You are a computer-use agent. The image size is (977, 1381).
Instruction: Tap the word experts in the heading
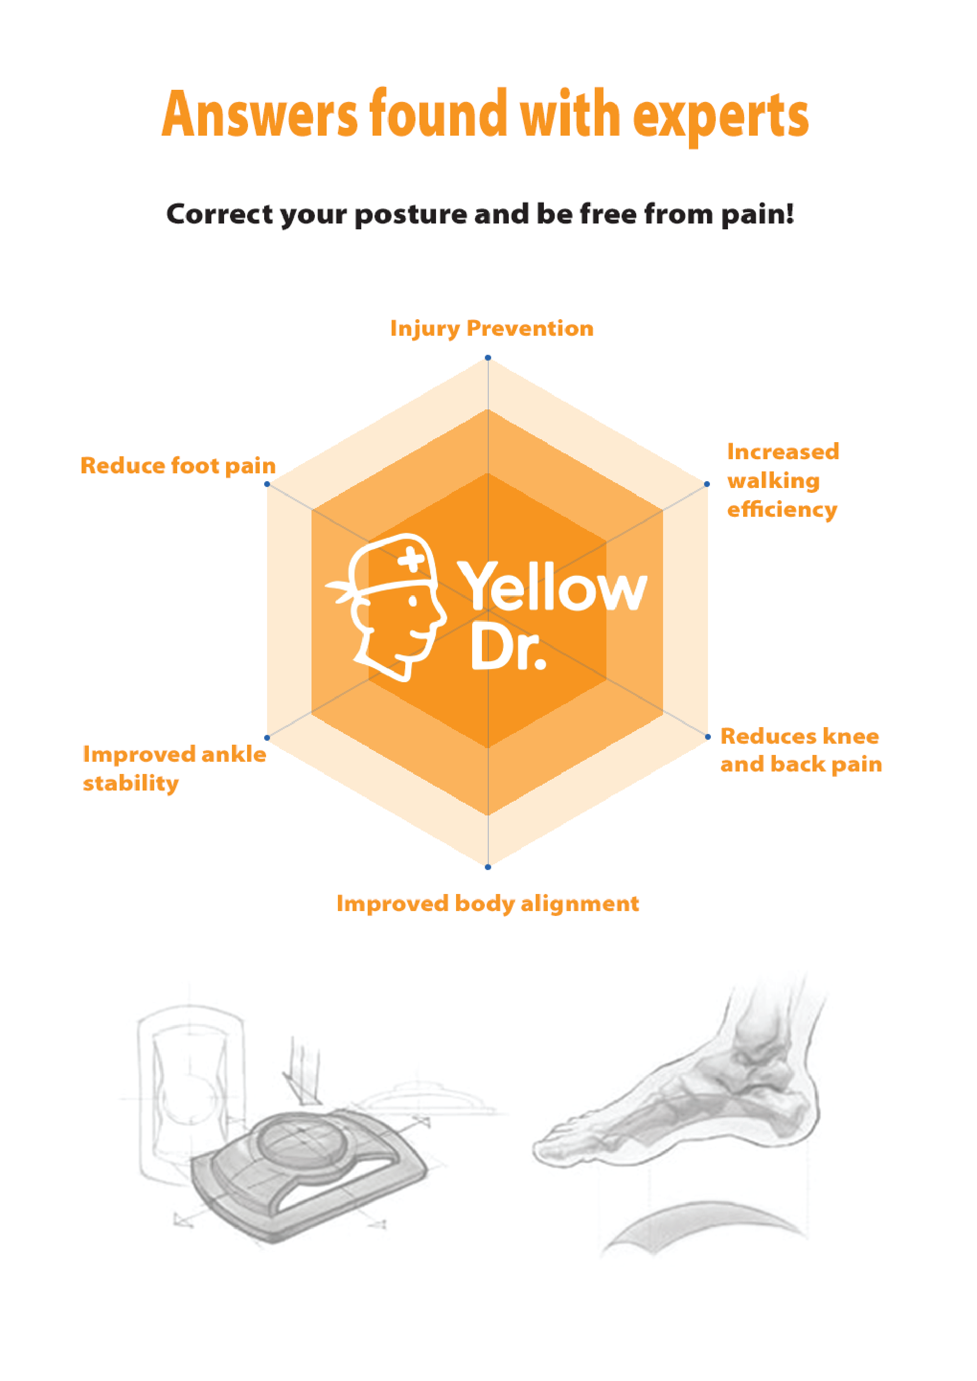click(x=721, y=117)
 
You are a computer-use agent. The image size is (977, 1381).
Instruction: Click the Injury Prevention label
click(x=492, y=328)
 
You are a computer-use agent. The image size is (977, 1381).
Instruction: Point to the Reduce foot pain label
click(x=178, y=466)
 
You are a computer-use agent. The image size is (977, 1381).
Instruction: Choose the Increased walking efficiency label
click(x=783, y=480)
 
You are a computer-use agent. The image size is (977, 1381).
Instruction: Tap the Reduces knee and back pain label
click(x=801, y=750)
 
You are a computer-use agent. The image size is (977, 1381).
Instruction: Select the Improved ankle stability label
click(x=175, y=768)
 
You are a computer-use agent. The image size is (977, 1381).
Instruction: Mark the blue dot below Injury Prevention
click(x=488, y=358)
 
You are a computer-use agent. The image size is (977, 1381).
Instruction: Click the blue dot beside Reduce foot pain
click(x=267, y=484)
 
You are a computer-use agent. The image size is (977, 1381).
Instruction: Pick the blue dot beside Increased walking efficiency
click(x=707, y=484)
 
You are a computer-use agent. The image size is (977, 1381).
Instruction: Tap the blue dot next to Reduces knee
click(x=708, y=737)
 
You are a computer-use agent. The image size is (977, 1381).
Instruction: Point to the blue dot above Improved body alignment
click(x=488, y=867)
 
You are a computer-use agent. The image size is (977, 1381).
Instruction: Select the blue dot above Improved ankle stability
click(x=267, y=737)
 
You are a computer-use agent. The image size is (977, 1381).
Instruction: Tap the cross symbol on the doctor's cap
click(x=412, y=561)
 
